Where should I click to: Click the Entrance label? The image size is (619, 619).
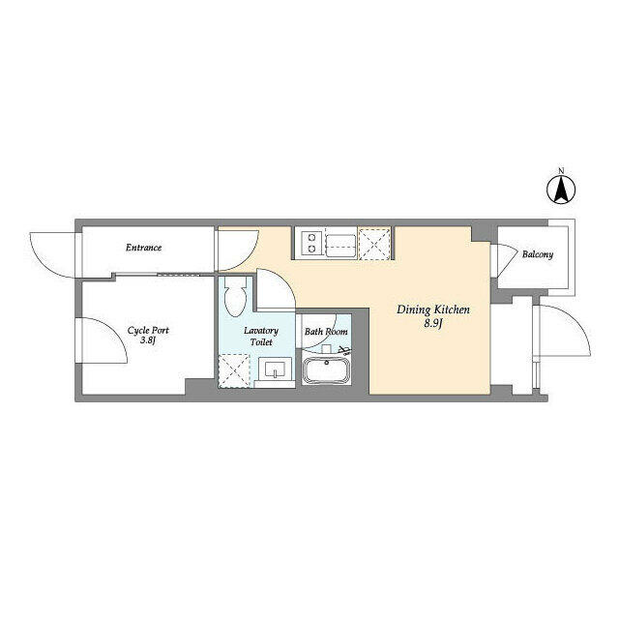point(144,248)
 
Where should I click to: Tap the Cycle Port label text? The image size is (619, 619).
point(148,330)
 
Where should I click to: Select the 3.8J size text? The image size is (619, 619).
point(148,340)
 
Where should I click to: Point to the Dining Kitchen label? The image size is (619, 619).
point(433,310)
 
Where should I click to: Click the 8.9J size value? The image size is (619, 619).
point(433,324)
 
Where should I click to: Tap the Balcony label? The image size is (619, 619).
point(538,254)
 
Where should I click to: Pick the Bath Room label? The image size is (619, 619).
point(326,332)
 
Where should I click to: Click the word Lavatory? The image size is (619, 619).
point(261,331)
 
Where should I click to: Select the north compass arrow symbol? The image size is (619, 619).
point(561,190)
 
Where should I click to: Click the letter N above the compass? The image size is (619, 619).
point(561,170)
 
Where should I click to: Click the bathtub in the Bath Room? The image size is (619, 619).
point(326,371)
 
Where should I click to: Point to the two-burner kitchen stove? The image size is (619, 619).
point(311,243)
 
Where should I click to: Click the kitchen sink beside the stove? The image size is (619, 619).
point(341,246)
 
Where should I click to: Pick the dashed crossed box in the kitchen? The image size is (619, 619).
point(374,244)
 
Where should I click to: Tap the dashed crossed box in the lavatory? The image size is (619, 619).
point(234,371)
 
